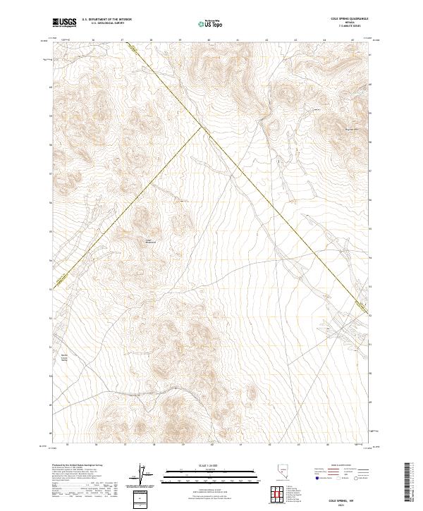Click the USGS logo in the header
click(64, 23)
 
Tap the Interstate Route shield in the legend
click(315, 486)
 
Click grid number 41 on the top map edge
click(238, 41)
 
